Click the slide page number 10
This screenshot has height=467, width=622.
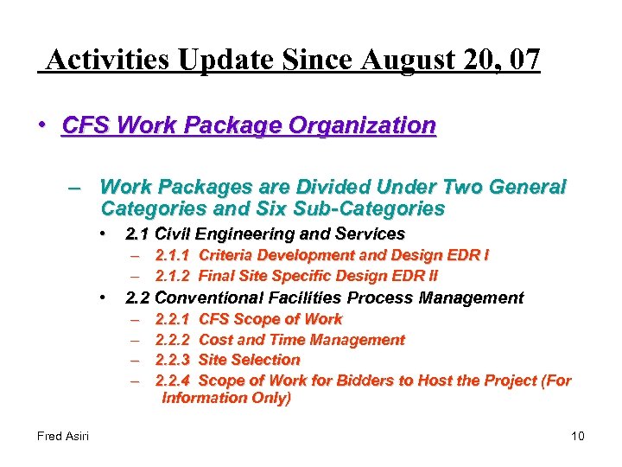[x=578, y=435]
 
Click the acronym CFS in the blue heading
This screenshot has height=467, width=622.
[x=86, y=126]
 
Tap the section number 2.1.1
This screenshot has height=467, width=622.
[x=174, y=255]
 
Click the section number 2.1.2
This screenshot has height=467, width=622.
[x=174, y=276]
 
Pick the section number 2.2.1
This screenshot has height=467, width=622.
[x=174, y=319]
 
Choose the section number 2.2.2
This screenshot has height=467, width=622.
[x=174, y=340]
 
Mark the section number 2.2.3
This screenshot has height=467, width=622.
[x=174, y=360]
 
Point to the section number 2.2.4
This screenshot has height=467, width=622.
[x=174, y=381]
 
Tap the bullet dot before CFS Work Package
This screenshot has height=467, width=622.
[x=41, y=125]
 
